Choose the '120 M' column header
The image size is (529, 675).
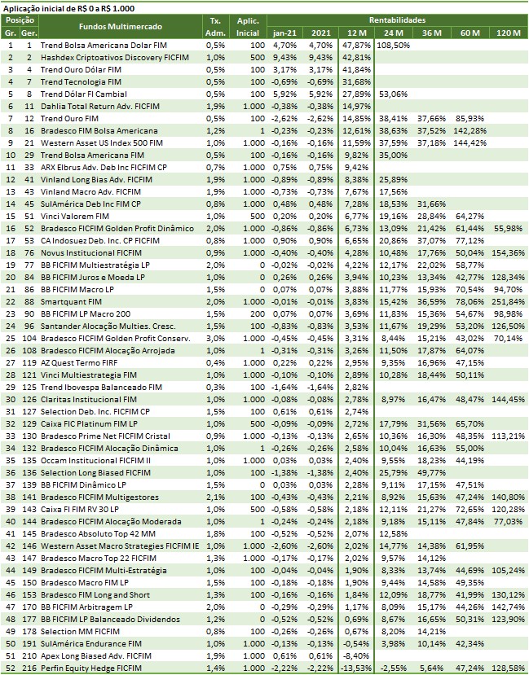508,32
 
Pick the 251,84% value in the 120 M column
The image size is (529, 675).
508,301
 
